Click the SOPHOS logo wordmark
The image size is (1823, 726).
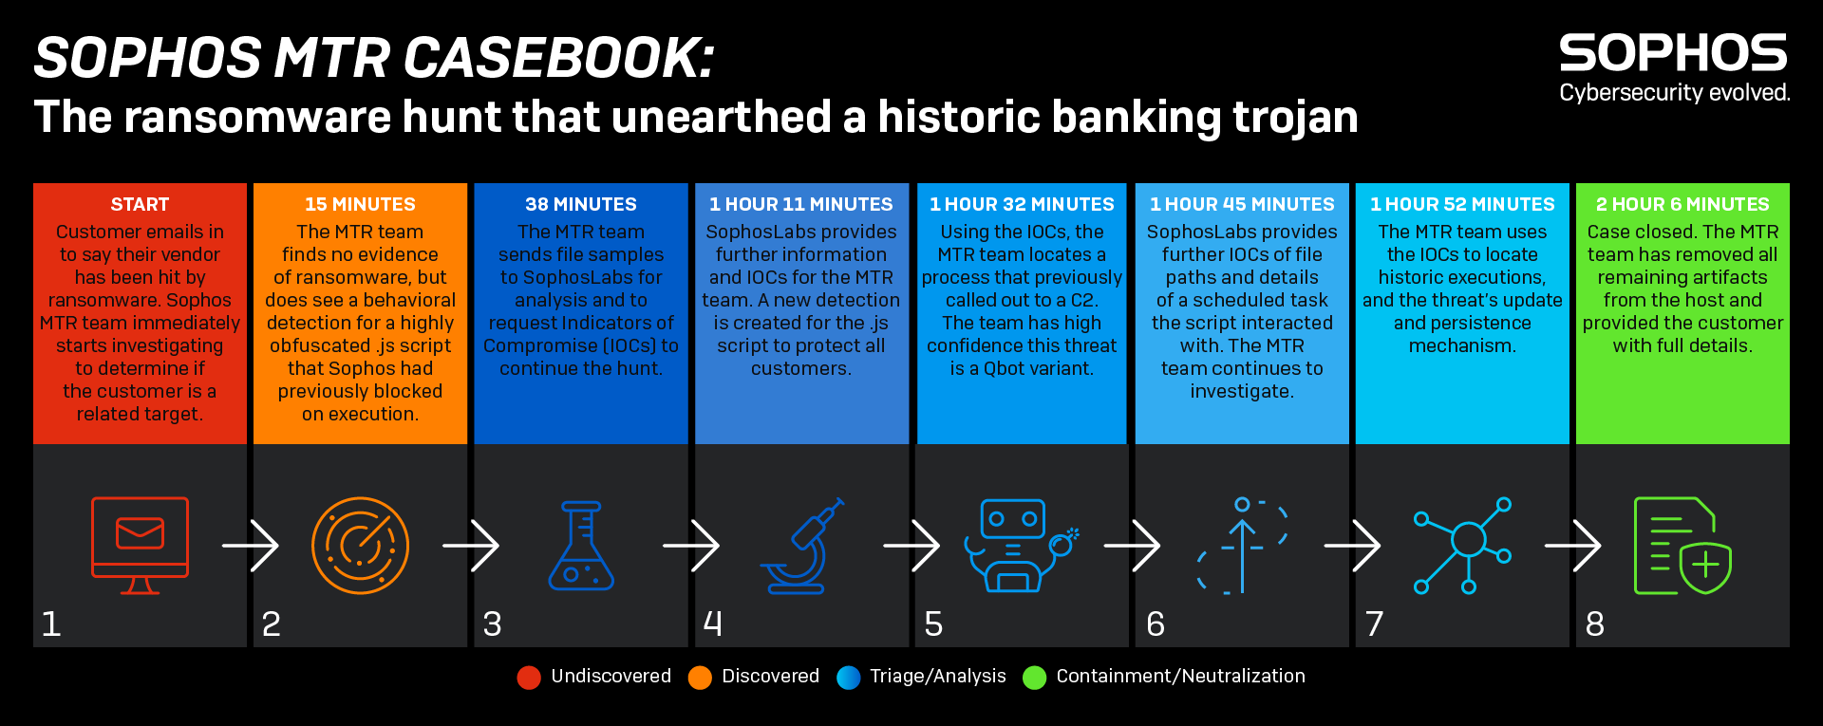(x=1674, y=53)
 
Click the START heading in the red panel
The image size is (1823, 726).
(x=140, y=204)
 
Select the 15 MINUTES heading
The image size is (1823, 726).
(x=360, y=204)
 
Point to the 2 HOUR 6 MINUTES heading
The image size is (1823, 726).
(x=1682, y=204)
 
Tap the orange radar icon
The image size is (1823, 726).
(x=360, y=546)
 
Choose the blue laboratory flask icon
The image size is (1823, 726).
(x=581, y=546)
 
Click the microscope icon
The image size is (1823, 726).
(x=801, y=546)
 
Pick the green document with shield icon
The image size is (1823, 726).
(x=1682, y=546)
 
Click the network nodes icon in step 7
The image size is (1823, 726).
(x=1462, y=546)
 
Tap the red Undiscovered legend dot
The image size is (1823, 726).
(x=529, y=677)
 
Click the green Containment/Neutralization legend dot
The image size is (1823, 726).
(x=1034, y=677)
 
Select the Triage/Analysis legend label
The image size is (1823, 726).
(x=938, y=677)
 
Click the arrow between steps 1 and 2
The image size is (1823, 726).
(x=251, y=546)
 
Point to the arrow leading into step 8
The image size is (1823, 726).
(x=1573, y=546)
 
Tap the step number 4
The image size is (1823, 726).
(x=713, y=624)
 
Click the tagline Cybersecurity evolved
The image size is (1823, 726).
(x=1675, y=92)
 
